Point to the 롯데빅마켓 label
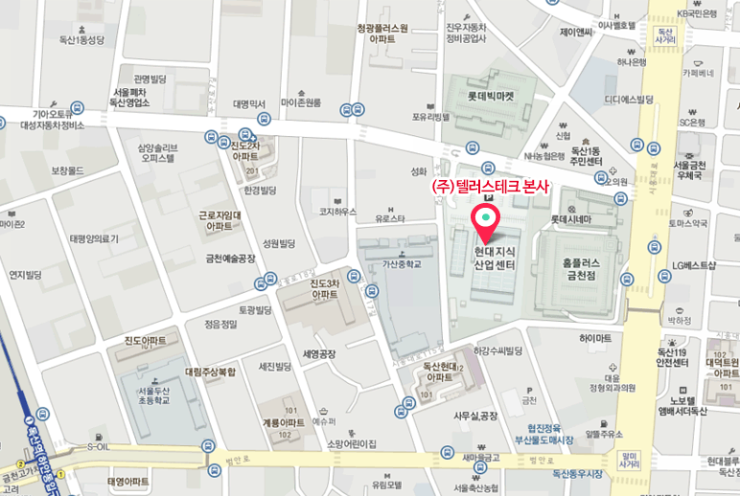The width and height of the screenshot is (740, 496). pos(492,96)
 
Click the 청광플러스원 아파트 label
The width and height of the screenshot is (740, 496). pos(382,35)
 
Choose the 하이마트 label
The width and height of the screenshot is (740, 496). pos(595,338)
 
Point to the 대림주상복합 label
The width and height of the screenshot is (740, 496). pos(210,371)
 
